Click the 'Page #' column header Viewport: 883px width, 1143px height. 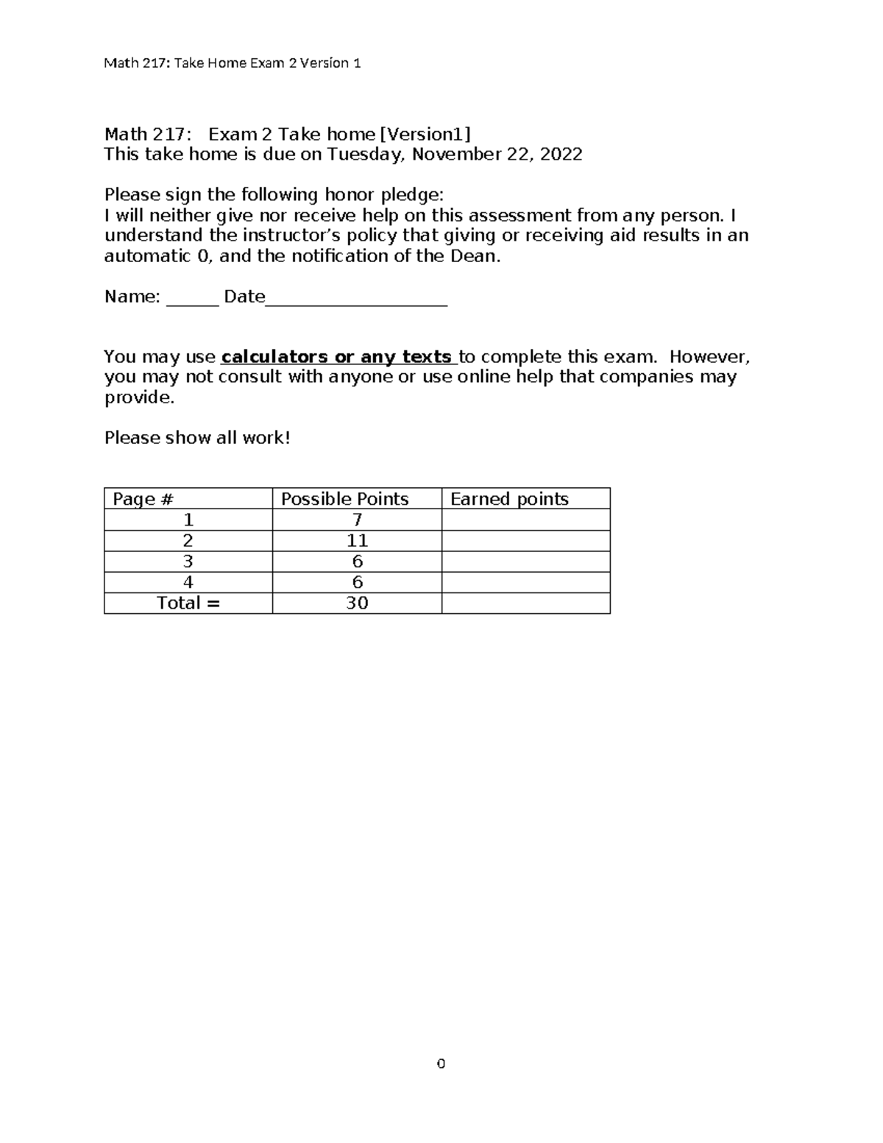[x=143, y=499]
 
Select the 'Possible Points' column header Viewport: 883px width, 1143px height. [x=344, y=499]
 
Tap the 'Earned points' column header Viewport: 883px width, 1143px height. [x=509, y=499]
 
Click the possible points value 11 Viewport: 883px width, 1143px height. [x=357, y=541]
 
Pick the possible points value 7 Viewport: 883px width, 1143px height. [x=357, y=520]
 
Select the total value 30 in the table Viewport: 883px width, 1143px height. [x=357, y=604]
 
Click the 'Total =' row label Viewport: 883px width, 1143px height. [x=188, y=604]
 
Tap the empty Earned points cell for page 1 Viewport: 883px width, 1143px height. [x=525, y=520]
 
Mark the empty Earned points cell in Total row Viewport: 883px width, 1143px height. [x=525, y=604]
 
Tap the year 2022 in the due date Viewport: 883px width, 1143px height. [x=561, y=155]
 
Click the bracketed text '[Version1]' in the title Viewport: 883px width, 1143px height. [x=425, y=134]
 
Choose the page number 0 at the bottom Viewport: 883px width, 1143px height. [x=441, y=1064]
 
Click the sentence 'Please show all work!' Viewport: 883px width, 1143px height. [x=197, y=438]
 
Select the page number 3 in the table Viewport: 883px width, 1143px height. [x=188, y=562]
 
